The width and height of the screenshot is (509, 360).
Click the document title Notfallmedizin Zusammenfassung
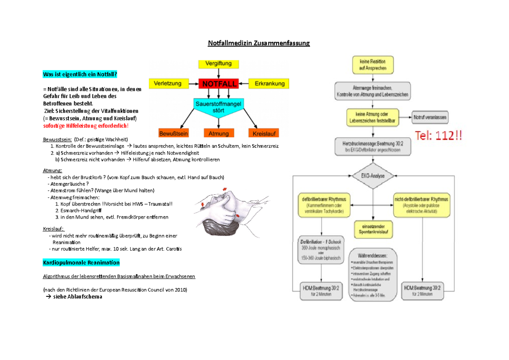point(258,43)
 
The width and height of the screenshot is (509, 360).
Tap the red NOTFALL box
point(219,84)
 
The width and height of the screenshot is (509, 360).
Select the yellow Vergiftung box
point(218,64)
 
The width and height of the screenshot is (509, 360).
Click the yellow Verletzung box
point(168,84)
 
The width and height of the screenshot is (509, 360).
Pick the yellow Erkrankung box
point(269,84)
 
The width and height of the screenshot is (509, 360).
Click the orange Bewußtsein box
point(173,133)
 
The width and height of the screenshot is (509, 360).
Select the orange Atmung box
point(218,133)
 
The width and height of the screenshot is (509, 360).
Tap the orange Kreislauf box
point(264,133)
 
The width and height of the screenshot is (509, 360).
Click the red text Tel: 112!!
point(439,137)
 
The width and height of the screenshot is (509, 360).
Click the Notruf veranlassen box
point(430,117)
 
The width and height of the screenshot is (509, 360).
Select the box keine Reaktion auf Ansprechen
point(372,65)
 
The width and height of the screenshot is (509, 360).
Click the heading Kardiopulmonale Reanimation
point(81,263)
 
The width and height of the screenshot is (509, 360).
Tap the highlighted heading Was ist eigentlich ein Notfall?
point(79,75)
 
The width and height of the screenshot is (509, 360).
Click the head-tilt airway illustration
point(229,208)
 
